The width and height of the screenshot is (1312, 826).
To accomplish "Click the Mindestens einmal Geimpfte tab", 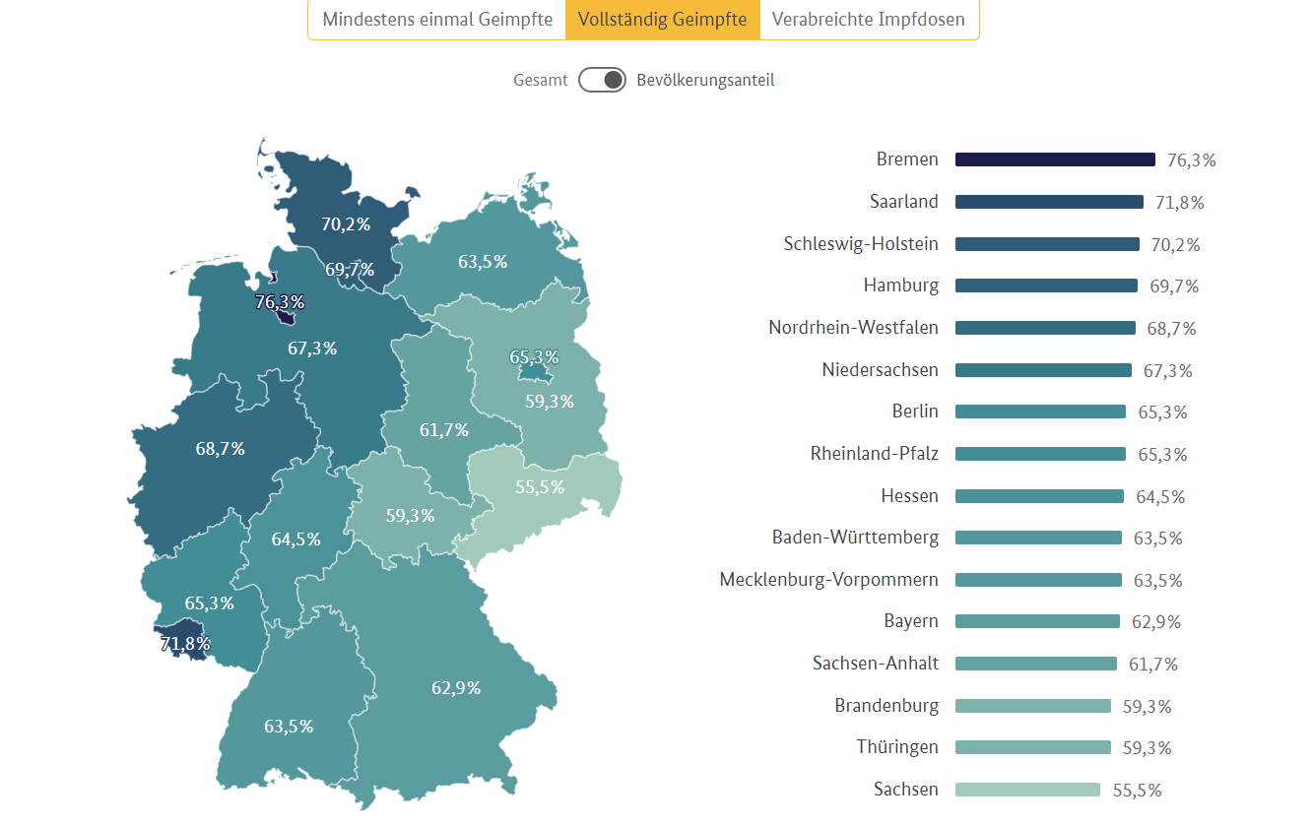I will click(x=437, y=20).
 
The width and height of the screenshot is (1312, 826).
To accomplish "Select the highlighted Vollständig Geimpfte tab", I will click(x=662, y=20).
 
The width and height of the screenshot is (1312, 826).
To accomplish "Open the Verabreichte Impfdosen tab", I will click(x=868, y=20).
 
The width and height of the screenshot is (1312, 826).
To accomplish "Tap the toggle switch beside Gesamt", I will click(x=602, y=80).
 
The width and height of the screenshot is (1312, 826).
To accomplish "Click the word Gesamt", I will click(x=541, y=81).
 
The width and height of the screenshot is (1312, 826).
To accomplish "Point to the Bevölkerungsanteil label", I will click(x=705, y=81).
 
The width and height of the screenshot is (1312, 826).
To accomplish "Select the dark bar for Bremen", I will click(x=1055, y=159).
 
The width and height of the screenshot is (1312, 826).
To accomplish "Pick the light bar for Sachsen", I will click(x=1027, y=790).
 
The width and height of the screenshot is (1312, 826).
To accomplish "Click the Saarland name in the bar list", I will click(x=904, y=202).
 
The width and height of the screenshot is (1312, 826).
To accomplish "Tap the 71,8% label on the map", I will click(x=185, y=644).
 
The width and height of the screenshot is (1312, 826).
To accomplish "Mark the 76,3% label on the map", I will click(x=280, y=302).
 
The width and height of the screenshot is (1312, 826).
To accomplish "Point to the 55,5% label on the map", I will click(x=540, y=486).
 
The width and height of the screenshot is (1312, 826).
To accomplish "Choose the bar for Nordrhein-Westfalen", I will click(x=1045, y=328).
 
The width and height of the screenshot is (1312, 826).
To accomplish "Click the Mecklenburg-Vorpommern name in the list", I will click(x=829, y=580).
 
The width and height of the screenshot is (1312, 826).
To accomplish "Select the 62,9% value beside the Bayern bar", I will click(x=1156, y=622).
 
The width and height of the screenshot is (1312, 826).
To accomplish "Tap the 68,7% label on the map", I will click(x=221, y=449).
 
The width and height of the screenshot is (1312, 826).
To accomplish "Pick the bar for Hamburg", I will click(x=1046, y=286).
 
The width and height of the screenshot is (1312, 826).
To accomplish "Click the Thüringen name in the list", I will click(x=897, y=747).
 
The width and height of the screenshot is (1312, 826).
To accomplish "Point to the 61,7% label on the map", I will click(x=444, y=430).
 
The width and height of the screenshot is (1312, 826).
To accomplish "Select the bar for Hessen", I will click(x=1039, y=496).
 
